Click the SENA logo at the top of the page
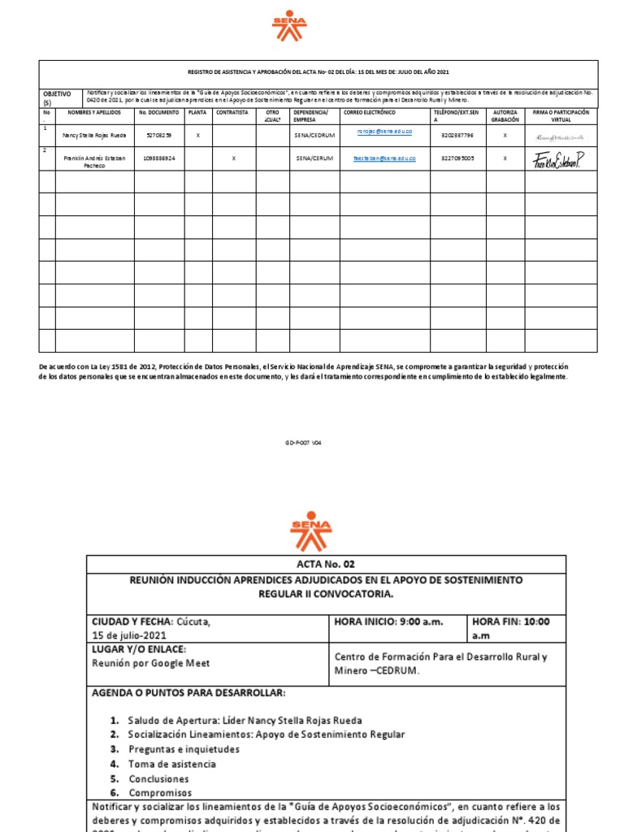click(289, 26)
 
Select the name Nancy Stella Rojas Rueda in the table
click(94, 135)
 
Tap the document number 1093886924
click(158, 158)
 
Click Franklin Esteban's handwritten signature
click(558, 160)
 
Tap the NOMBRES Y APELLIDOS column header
click(94, 112)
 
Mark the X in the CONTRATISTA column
click(234, 158)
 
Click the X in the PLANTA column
click(197, 135)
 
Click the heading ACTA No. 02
click(326, 564)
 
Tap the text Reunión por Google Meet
click(150, 663)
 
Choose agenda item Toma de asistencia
click(171, 764)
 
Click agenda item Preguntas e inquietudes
click(184, 749)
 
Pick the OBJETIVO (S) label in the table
click(57, 97)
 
